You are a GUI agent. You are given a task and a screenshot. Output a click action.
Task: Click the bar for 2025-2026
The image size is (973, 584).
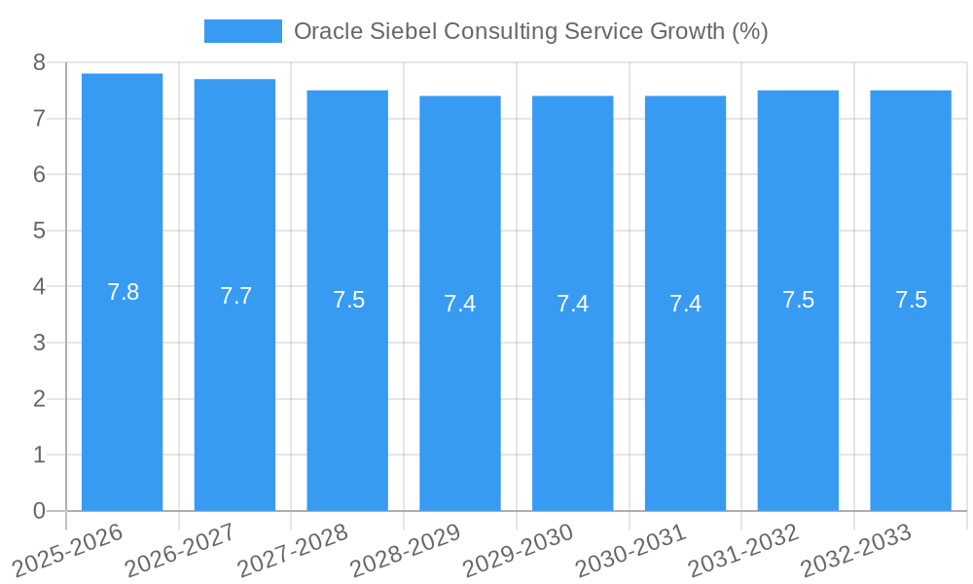tap(122, 389)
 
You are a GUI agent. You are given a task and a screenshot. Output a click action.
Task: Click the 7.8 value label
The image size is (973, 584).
tap(123, 292)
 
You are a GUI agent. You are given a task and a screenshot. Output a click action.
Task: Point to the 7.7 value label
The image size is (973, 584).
tap(235, 296)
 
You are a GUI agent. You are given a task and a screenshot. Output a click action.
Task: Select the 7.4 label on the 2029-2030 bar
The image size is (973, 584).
tap(572, 304)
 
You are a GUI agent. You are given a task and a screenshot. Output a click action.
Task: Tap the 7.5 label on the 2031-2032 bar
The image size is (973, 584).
tap(798, 300)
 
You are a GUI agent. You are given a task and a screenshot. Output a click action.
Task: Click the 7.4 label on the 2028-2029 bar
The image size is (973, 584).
tap(459, 304)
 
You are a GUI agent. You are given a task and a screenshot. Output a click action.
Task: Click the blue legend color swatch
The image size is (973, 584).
tap(242, 31)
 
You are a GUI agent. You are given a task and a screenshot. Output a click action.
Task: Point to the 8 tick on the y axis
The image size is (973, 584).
tap(39, 62)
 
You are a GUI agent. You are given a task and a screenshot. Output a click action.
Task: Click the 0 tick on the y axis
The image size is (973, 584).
tap(39, 511)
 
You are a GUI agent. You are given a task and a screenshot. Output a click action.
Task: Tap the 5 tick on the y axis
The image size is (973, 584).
tap(39, 231)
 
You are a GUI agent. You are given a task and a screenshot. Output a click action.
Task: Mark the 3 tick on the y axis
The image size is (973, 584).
tap(39, 343)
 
